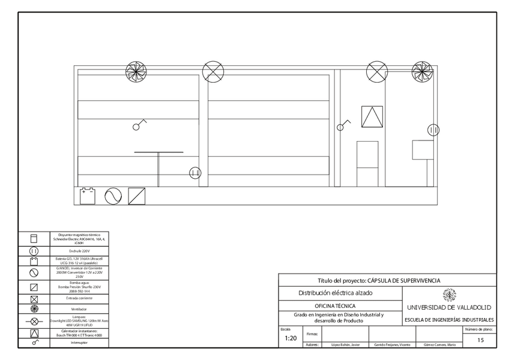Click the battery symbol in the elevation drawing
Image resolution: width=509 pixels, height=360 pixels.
click(88, 196)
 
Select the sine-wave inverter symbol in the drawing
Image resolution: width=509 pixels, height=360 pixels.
click(113, 196)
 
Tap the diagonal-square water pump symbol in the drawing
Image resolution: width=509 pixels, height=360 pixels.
click(137, 196)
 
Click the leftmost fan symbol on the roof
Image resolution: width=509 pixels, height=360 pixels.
click(136, 72)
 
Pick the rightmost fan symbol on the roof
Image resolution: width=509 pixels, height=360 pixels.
click(422, 71)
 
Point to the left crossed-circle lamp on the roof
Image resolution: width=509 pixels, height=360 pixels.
click(212, 72)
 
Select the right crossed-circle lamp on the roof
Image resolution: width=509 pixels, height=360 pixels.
click(376, 71)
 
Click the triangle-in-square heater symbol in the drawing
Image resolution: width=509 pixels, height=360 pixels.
click(372, 116)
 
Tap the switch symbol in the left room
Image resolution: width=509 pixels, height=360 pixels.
click(139, 125)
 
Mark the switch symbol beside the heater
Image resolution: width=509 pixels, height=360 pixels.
click(343, 126)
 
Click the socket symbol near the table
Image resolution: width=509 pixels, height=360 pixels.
click(194, 173)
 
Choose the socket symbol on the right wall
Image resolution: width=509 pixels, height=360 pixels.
click(433, 130)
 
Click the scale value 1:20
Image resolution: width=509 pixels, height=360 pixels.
click(291, 338)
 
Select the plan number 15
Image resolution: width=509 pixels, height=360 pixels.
click(480, 340)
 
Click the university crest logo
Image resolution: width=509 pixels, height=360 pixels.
click(449, 295)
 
